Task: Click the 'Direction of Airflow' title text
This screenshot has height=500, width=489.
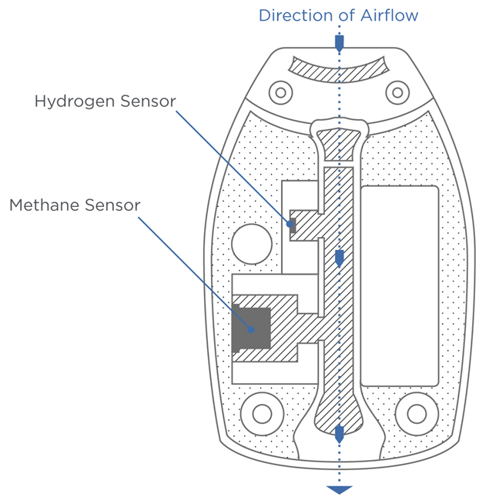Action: (338, 15)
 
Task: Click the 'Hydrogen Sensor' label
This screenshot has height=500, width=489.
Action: (106, 102)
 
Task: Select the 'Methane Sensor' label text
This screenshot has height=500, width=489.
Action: (75, 205)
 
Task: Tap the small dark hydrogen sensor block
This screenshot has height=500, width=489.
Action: (292, 225)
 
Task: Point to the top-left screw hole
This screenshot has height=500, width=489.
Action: (281, 93)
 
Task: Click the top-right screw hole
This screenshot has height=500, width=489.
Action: (397, 93)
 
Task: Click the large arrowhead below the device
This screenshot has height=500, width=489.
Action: (340, 489)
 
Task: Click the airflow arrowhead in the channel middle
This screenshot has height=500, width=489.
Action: (340, 259)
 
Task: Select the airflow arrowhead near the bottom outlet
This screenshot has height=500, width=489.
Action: (340, 434)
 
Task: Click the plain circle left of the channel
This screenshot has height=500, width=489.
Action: (251, 244)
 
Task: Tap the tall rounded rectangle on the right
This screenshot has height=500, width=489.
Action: (400, 285)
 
